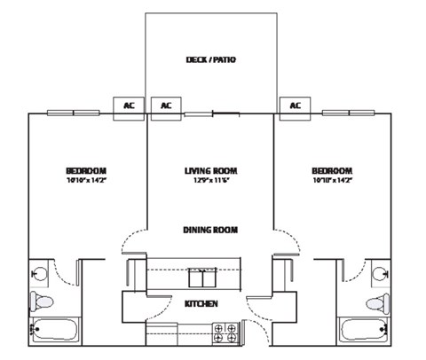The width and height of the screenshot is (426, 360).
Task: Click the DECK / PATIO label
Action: [x=210, y=60]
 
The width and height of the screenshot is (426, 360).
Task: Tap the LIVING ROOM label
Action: [x=210, y=171]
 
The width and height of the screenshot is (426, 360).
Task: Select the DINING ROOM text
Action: [x=210, y=230]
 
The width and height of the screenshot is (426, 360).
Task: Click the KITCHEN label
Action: [x=201, y=304]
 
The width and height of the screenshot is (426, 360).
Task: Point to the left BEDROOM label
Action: [x=86, y=171]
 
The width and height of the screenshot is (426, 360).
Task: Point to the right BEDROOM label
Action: [x=332, y=171]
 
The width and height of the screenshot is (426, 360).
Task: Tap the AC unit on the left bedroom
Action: [x=129, y=106]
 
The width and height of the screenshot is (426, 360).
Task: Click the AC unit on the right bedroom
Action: [x=295, y=106]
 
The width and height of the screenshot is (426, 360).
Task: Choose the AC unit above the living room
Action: [x=166, y=106]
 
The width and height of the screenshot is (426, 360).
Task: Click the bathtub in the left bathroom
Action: [x=54, y=333]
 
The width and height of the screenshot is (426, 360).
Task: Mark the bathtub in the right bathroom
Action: [x=365, y=333]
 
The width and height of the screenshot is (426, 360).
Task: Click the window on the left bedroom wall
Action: [x=73, y=113]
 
